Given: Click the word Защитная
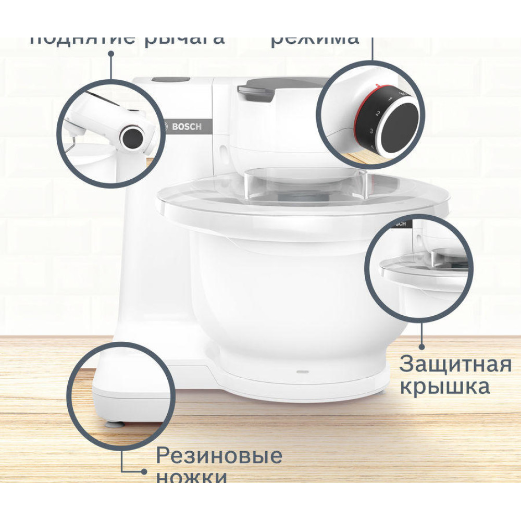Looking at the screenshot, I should pyautogui.click(x=455, y=365).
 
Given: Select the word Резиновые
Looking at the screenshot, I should pyautogui.click(x=219, y=456).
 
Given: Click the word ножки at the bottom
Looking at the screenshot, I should pyautogui.click(x=192, y=477).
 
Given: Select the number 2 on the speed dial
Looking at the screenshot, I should pyautogui.click(x=378, y=113).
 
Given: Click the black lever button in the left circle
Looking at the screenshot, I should pyautogui.click(x=132, y=138).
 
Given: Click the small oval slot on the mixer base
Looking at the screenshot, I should pyautogui.click(x=303, y=372).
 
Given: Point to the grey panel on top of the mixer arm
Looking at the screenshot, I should pyautogui.click(x=171, y=80).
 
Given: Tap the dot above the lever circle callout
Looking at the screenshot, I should pyautogui.click(x=111, y=59).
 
